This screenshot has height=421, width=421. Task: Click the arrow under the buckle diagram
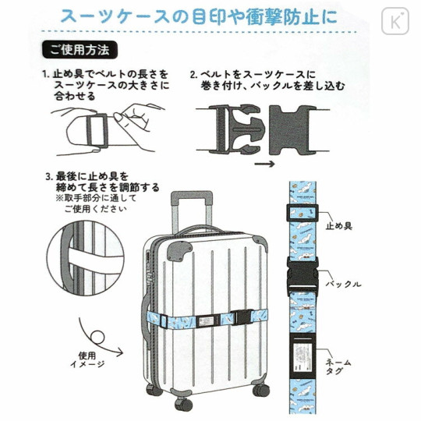pyautogui.click(x=265, y=163)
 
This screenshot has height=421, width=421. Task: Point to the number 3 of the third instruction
pyautogui.click(x=48, y=177)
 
